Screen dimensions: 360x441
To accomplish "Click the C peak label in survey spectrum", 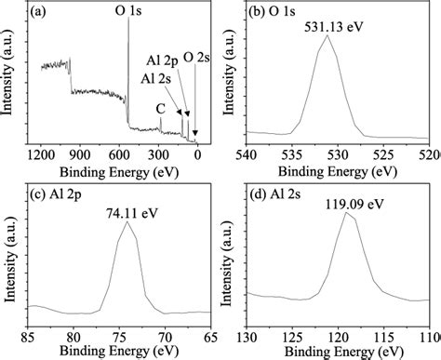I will click(160, 109).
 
